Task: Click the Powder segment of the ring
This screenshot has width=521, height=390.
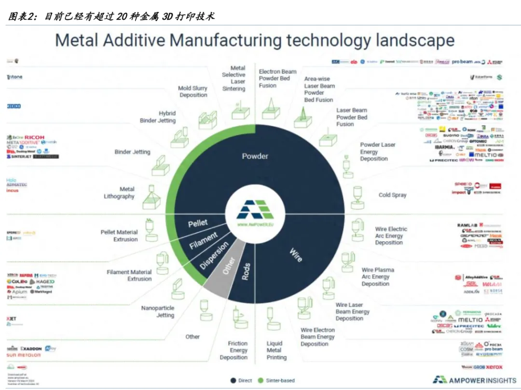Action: click(x=255, y=156)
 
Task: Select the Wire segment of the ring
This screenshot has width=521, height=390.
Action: click(x=295, y=254)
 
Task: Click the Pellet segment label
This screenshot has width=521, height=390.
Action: click(x=198, y=223)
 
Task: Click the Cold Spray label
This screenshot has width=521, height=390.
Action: click(x=392, y=195)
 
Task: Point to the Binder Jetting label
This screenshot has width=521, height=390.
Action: click(x=132, y=152)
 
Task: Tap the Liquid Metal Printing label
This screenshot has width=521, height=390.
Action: click(x=276, y=350)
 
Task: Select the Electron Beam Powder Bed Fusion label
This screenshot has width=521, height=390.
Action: click(x=277, y=79)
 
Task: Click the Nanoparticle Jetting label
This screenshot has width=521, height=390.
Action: click(x=158, y=312)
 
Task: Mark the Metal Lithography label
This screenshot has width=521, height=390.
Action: click(x=119, y=193)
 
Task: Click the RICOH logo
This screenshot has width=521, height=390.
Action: click(x=34, y=138)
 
